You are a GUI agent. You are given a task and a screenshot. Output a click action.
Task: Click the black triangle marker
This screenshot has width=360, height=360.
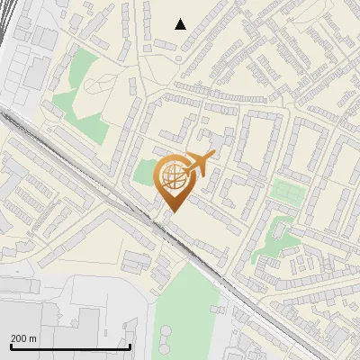(180, 24)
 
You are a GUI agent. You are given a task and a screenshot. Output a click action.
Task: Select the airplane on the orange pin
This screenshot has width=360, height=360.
(199, 163)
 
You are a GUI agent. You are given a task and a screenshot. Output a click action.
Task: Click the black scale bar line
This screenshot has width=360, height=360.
(70, 346)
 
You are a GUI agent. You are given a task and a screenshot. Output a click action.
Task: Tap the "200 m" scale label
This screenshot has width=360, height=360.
(23, 338)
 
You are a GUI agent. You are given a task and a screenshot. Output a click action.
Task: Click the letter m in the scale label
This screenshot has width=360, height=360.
(33, 338)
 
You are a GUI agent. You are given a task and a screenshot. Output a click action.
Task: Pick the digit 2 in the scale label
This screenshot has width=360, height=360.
(13, 338)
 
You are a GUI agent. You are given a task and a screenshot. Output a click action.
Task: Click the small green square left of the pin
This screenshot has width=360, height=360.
(144, 173)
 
